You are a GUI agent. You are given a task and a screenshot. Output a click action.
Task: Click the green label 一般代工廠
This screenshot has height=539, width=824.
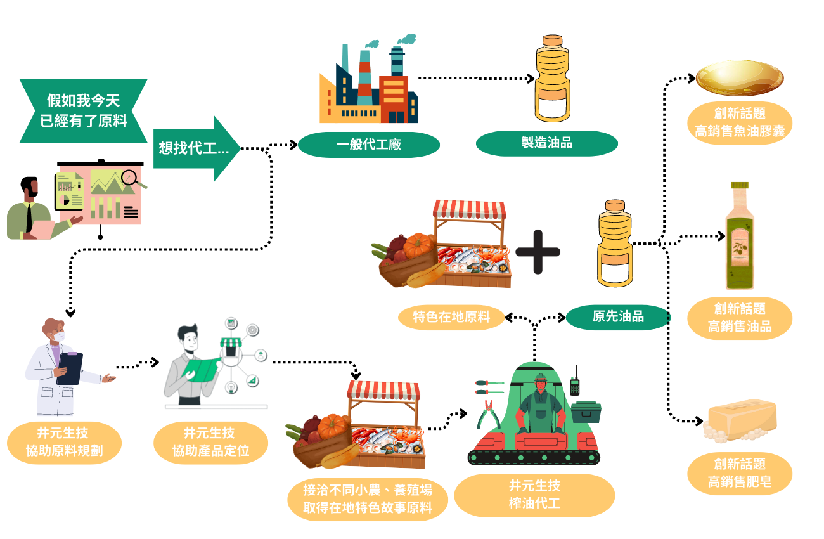[369, 144]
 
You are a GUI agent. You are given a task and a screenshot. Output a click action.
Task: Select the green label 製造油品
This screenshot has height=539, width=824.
[546, 143]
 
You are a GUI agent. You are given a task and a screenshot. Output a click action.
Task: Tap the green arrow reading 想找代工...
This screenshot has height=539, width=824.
[196, 148]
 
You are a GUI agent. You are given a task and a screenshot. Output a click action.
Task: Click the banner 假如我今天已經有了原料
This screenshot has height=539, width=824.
[84, 110]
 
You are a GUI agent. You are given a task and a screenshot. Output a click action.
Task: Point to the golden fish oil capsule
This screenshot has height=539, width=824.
[740, 78]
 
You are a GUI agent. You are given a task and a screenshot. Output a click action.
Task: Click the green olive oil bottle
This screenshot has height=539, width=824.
[740, 236]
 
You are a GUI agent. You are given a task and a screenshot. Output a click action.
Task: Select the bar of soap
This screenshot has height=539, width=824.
[740, 420]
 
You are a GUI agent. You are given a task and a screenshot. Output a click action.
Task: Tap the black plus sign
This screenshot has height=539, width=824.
[538, 252]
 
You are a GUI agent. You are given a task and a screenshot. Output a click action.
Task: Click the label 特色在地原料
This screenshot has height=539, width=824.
[451, 317]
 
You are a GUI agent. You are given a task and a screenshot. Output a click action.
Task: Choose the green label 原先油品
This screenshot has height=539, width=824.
[618, 317]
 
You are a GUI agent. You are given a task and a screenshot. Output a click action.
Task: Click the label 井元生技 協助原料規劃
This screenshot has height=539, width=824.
[64, 443]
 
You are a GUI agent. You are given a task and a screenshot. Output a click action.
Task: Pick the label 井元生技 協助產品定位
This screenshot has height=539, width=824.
[210, 443]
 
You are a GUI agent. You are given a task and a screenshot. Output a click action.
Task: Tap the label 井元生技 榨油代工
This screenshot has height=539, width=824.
[534, 495]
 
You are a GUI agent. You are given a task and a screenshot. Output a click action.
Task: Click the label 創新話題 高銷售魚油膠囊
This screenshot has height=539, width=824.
[740, 122]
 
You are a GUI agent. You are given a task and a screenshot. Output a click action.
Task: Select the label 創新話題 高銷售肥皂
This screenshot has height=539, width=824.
[740, 474]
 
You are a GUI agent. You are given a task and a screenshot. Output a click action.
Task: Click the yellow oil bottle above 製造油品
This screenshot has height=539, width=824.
[552, 78]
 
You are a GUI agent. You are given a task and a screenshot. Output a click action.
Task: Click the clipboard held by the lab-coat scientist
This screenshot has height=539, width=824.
[70, 368]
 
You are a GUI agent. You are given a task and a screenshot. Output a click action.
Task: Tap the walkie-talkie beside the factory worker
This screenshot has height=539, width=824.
[575, 382]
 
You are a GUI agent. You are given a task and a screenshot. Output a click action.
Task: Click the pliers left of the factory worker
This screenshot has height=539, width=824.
[488, 415]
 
